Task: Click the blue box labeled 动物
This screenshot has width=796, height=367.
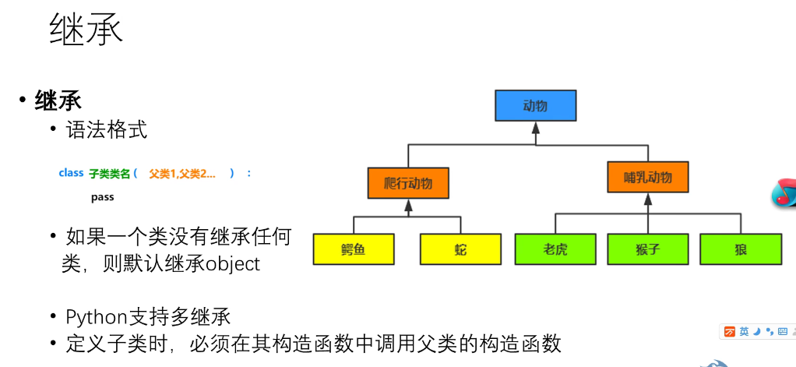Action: (535, 105)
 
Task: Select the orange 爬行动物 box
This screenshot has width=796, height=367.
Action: (408, 183)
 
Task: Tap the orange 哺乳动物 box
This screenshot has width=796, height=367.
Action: (648, 177)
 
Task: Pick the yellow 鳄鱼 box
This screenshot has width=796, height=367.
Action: (354, 249)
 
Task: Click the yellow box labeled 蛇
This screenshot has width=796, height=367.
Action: (460, 249)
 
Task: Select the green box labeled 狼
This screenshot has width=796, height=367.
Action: (741, 249)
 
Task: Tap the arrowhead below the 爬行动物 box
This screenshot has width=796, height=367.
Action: (408, 206)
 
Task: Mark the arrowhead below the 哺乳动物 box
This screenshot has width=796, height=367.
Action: (648, 199)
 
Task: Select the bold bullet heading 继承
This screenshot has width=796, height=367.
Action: (58, 101)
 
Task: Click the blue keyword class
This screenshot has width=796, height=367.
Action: (71, 173)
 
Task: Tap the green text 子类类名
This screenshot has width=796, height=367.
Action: (109, 174)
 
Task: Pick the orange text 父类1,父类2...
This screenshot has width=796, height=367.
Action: (182, 174)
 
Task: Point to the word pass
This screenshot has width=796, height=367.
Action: (102, 197)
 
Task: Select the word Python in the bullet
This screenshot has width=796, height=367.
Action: (97, 317)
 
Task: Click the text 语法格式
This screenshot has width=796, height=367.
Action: (107, 129)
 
